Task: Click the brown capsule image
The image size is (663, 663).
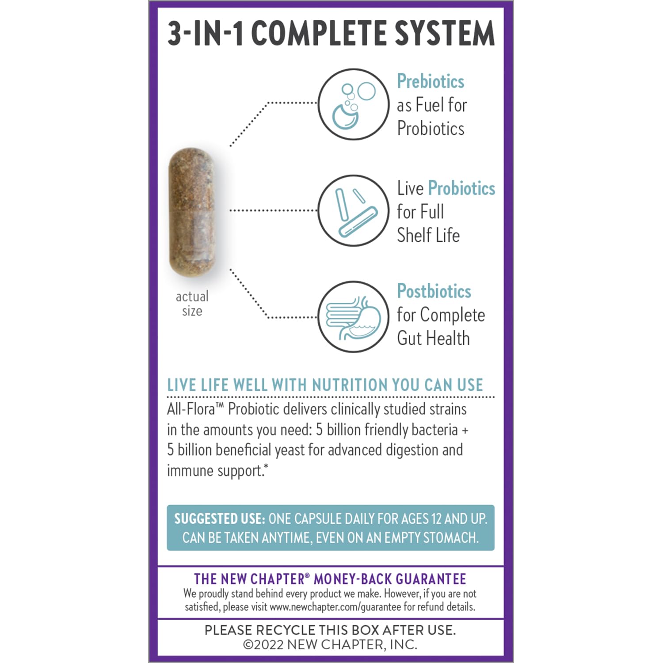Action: pos(192,212)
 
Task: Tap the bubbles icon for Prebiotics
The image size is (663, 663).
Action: pos(353,104)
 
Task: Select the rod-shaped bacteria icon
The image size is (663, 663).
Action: pos(353,211)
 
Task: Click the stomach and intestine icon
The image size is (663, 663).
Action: pos(353,317)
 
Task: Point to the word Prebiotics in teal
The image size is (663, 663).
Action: pos(431,81)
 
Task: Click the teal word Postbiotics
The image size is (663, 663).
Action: pos(434,291)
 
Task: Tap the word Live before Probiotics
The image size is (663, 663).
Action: pos(410,188)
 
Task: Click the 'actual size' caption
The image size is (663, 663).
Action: pos(192,304)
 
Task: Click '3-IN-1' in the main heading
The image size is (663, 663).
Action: pos(206,34)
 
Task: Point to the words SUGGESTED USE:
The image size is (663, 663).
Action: pos(219,518)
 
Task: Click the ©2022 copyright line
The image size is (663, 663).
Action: pos(330,644)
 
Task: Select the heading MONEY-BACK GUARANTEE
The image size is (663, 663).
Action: pos(390,579)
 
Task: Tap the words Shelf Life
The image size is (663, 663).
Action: pos(428,235)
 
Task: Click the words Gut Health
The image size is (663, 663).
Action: pos(433,339)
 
